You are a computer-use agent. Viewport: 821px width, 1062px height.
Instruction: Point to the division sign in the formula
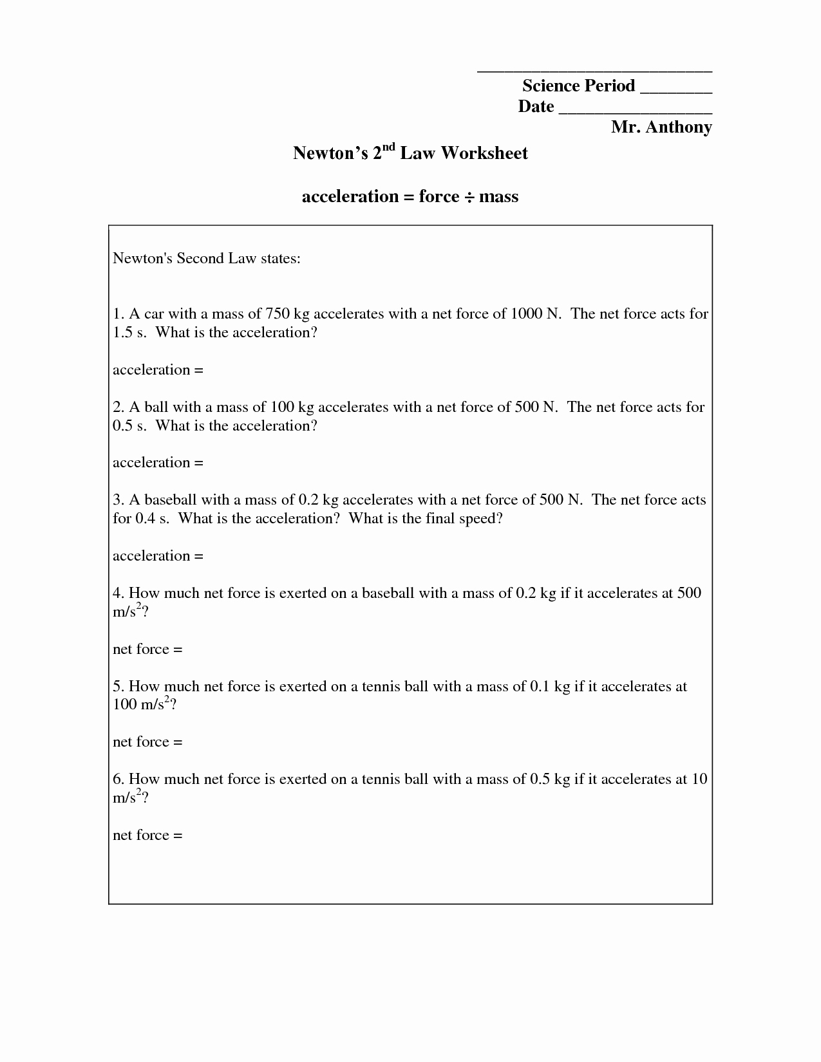[x=469, y=197]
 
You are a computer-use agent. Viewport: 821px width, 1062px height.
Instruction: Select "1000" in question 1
[x=525, y=314]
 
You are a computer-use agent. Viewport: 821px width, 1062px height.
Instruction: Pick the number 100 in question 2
[x=282, y=407]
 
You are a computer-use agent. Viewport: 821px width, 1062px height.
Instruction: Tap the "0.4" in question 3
[x=146, y=519]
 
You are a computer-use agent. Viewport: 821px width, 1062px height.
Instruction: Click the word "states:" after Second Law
[x=281, y=259]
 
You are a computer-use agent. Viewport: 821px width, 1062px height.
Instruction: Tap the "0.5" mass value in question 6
[x=539, y=779]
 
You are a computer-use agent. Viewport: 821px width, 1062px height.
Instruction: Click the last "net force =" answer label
[x=147, y=835]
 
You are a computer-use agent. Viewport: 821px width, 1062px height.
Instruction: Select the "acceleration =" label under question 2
[x=158, y=463]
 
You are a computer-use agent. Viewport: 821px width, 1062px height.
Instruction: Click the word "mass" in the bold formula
[x=498, y=196]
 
